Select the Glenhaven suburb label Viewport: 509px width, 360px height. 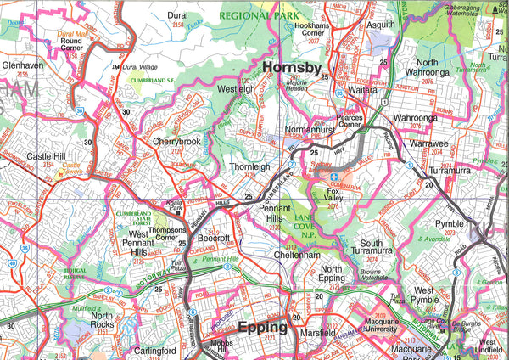click(22, 64)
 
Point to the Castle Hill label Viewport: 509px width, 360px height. click(47, 157)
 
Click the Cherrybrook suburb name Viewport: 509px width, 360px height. click(176, 141)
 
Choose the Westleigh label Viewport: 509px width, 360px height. click(236, 88)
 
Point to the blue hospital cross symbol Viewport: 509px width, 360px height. click(333, 177)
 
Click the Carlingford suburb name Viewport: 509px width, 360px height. click(154, 350)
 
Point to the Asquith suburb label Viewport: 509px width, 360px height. click(381, 25)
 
